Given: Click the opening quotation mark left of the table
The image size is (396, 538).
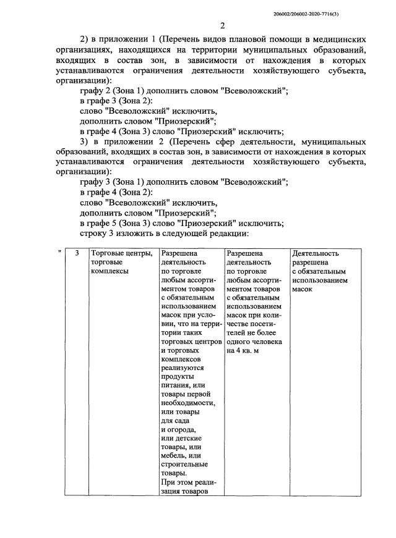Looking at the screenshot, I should (x=59, y=253).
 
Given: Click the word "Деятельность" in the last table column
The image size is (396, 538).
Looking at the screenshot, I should (x=316, y=253).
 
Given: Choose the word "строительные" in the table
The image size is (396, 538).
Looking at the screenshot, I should (x=184, y=464).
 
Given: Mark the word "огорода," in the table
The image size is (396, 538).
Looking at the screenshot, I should (x=179, y=429).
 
